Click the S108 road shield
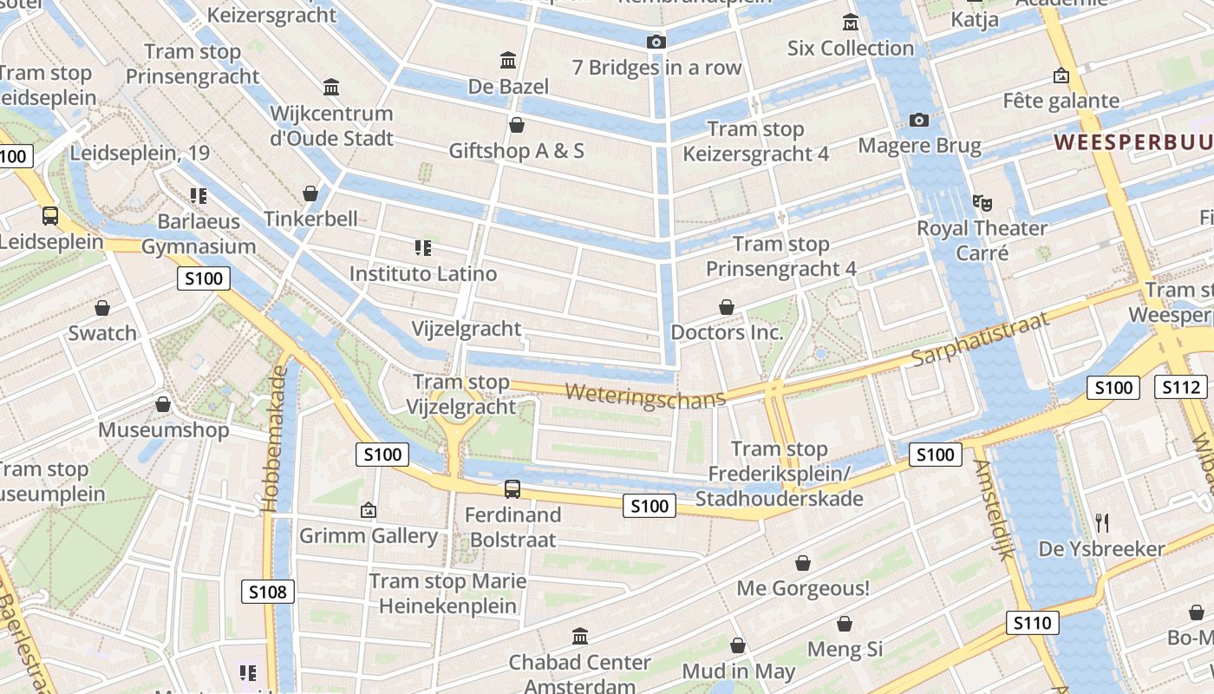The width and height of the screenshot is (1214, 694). [x=267, y=593]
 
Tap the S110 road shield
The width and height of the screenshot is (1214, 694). [x=1032, y=623]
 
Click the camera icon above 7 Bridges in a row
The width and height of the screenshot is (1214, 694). [x=656, y=43]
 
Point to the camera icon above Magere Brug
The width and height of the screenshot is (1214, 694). [x=919, y=120]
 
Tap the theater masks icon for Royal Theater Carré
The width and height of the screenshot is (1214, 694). [x=982, y=203]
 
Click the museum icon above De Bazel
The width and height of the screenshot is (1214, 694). [x=508, y=61]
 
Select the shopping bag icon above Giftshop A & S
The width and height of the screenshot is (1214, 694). [x=517, y=125]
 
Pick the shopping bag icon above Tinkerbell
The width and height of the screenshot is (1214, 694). [x=310, y=193]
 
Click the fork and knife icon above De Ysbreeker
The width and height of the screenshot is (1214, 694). [x=1102, y=523]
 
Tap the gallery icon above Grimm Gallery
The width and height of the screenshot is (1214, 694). [x=369, y=510]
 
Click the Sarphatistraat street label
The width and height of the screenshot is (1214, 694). [x=981, y=339]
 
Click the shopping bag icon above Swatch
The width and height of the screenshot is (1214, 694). [x=102, y=308]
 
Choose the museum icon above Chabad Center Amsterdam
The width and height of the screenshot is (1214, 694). [x=580, y=637]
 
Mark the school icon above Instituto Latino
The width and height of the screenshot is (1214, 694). [x=423, y=249]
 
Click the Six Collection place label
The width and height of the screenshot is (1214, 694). [x=850, y=49]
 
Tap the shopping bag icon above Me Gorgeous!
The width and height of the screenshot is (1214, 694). [x=803, y=563]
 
